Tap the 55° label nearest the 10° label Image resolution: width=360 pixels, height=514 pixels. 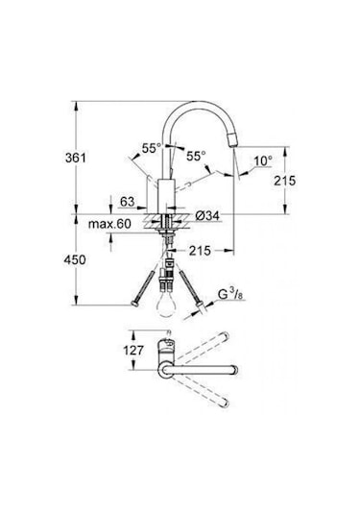(197, 155)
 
